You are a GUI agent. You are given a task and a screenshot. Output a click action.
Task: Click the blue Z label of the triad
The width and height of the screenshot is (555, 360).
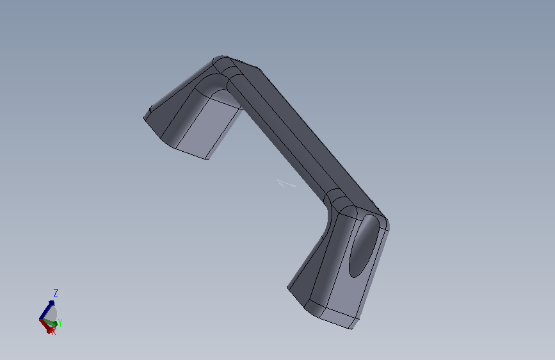point(56,293)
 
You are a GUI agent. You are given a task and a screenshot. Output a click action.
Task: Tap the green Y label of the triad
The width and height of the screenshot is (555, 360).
point(60,323)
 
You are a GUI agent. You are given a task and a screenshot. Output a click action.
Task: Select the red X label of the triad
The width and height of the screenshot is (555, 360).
point(53,332)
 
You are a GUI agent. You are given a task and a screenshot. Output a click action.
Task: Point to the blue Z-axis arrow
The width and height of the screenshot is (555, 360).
point(47,310)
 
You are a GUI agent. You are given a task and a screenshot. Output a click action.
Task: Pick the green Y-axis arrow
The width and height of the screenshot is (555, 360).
point(49,322)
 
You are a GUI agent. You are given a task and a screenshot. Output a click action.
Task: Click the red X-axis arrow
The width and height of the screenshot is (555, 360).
point(46,326)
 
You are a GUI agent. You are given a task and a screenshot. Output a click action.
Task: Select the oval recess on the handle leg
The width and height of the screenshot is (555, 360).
point(364,245)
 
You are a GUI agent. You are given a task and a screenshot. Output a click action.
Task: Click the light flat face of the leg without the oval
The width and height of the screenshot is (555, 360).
point(209,127)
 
